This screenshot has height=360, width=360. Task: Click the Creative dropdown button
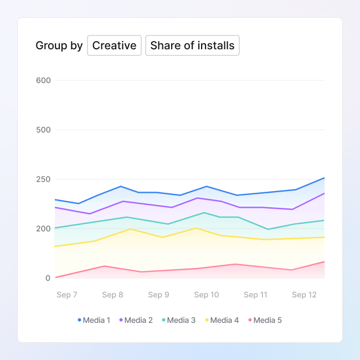coord(114,45)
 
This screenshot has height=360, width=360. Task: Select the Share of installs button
coord(192,45)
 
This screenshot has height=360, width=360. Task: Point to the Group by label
coord(59,45)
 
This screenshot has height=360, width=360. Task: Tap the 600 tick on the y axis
coord(44,80)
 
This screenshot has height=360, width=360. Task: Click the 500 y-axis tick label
coord(44,130)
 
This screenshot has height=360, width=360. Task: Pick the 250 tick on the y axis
coord(44,179)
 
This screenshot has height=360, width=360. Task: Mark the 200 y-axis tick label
coord(44,229)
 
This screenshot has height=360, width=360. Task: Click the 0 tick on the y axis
coord(48,278)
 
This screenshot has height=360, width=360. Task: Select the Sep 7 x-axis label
coord(67,295)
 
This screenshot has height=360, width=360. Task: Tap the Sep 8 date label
coord(113,295)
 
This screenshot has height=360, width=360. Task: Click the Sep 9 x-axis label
coord(159,295)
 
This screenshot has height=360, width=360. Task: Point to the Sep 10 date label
coord(207,295)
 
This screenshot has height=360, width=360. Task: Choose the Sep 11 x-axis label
coord(255,295)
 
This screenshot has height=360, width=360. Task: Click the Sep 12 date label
coord(304,295)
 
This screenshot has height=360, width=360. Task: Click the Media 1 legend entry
coord(94,320)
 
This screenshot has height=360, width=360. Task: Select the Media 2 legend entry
coord(136,320)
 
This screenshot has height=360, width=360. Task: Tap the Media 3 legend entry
coord(179,320)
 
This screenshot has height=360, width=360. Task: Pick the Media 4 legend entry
coord(222,320)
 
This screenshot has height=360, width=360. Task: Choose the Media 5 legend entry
coord(265,320)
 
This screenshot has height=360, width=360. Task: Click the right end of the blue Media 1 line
coord(325,178)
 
